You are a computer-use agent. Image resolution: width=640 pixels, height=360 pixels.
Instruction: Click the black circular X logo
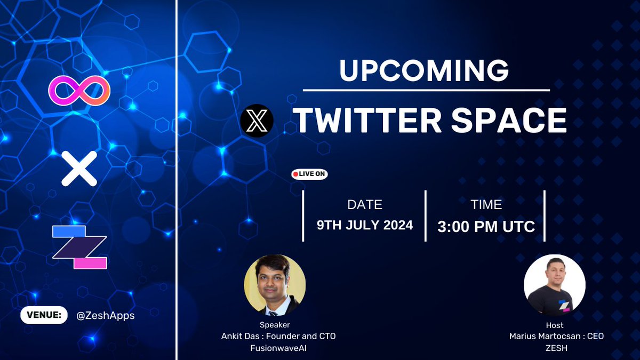(x=257, y=121)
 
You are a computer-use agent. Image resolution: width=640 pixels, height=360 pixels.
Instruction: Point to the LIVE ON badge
(x=309, y=174)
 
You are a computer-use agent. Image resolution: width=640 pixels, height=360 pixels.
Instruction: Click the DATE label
(x=365, y=204)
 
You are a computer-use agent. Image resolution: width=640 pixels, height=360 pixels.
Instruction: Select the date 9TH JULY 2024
(x=365, y=225)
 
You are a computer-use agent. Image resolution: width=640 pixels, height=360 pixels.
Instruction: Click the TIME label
(x=486, y=204)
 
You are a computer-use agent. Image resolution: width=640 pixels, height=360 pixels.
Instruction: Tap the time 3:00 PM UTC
(x=486, y=227)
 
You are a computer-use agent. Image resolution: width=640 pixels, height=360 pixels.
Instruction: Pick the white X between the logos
(x=79, y=169)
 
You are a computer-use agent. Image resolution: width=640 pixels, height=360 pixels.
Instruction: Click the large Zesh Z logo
(x=79, y=247)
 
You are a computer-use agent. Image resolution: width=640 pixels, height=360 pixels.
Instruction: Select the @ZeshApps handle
(x=105, y=315)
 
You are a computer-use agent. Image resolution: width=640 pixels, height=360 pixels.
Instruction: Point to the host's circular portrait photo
(x=555, y=285)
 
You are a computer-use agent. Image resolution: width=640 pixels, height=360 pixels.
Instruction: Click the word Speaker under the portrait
(x=275, y=325)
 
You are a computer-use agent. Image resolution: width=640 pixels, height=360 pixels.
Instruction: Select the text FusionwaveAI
(x=278, y=347)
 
